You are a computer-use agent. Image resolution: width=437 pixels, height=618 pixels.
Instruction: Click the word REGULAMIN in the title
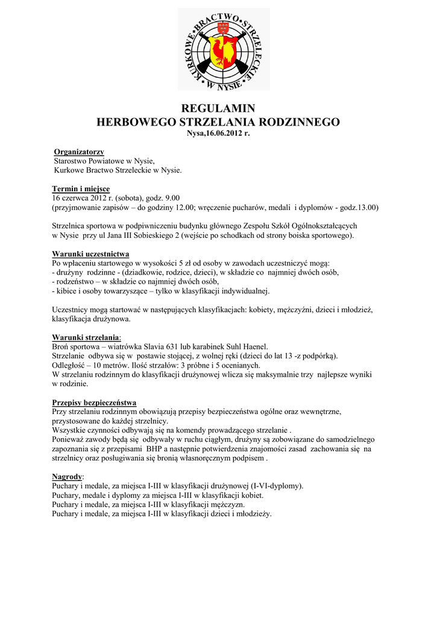point(218,109)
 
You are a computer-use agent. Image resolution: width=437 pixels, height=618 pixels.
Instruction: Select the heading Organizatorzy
point(79,151)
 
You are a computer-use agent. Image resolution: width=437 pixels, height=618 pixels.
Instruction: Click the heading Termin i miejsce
point(81,189)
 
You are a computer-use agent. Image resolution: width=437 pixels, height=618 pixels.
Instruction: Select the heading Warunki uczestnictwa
point(90,253)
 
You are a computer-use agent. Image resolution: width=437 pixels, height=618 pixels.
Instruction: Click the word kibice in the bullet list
point(66,291)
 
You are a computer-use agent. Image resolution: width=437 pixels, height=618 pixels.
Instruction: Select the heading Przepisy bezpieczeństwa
point(94,402)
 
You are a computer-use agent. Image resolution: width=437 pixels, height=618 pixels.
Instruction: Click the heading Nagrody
point(67,476)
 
